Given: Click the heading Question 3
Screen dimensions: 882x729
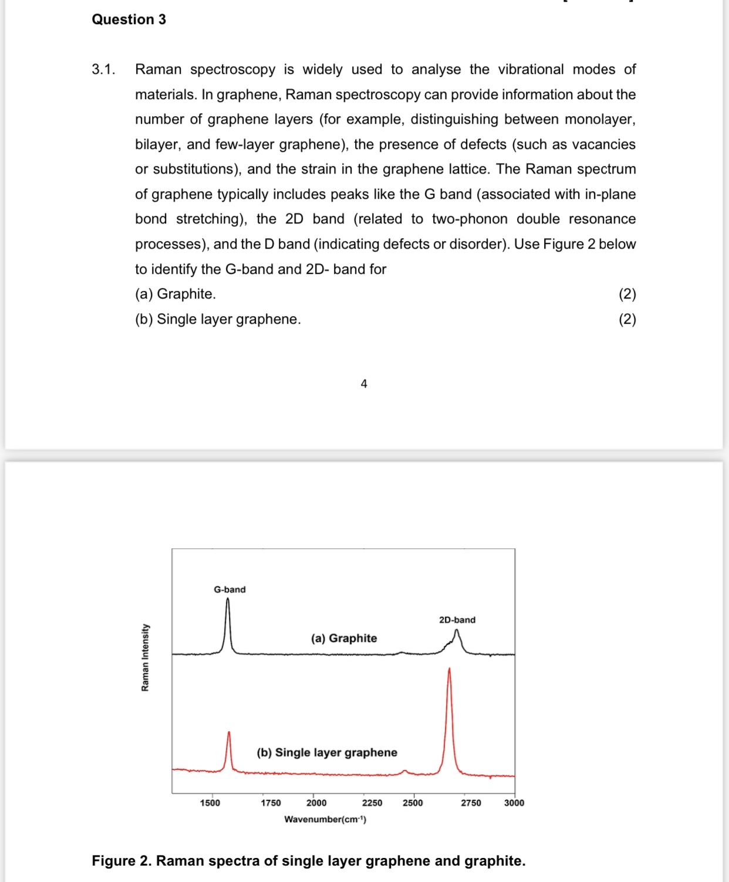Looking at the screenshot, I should click(129, 19).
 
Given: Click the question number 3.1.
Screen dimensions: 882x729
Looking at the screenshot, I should click(103, 69).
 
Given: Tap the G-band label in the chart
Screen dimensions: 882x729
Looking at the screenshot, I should click(230, 589).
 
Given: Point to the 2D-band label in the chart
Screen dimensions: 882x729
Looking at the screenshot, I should click(457, 620).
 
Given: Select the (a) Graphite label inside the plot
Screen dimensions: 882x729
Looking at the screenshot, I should click(344, 638).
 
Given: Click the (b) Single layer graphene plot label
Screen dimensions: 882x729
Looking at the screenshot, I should click(327, 752).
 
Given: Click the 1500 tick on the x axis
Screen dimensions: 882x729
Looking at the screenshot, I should click(210, 803).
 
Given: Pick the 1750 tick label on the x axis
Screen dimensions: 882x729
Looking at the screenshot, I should click(271, 803).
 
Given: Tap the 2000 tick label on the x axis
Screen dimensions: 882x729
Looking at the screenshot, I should click(316, 803).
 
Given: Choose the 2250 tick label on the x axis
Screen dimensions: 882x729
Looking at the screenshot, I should click(372, 803).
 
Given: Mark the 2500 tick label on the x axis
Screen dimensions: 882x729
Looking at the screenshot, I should click(413, 803).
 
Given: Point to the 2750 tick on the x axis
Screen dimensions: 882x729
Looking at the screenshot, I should click(471, 803).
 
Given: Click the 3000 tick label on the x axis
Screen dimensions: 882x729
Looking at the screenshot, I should click(514, 803).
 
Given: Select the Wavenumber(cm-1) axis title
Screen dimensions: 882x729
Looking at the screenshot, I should click(325, 819).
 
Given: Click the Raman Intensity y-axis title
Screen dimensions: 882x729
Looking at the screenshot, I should click(145, 657).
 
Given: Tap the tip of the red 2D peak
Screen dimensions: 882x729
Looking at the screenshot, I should click(449, 669).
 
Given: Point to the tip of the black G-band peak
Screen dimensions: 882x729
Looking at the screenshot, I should click(228, 598).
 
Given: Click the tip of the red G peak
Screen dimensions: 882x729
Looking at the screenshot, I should click(229, 732).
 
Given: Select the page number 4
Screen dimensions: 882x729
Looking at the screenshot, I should click(364, 384).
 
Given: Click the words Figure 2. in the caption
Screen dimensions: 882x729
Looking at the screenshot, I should click(122, 861).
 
